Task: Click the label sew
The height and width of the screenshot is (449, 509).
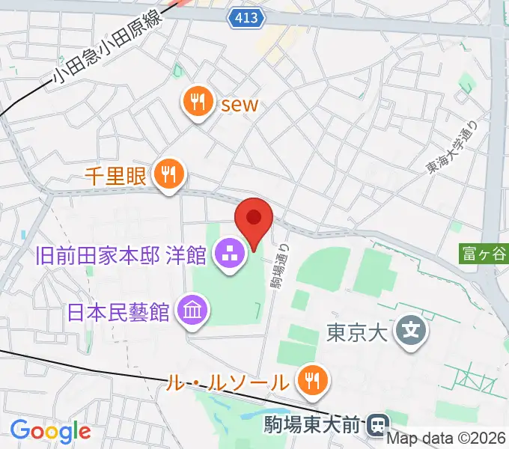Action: (239, 104)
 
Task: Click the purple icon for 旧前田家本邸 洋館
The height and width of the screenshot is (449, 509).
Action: (228, 255)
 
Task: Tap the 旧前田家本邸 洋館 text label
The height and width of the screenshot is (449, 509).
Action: (121, 256)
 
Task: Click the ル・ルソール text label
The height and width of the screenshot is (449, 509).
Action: (225, 383)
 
